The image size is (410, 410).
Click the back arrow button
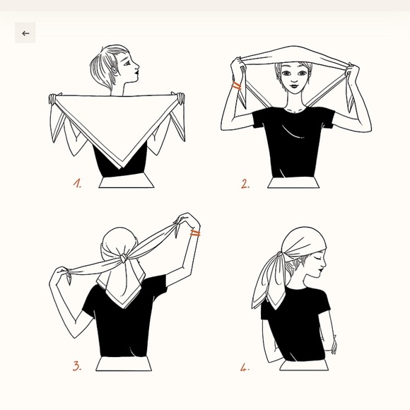tap(25, 33)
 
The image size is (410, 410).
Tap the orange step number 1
tap(77, 183)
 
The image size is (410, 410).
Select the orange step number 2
tap(245, 184)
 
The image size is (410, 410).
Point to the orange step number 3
tap(77, 366)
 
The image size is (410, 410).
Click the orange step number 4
tap(245, 368)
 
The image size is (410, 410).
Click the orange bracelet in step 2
tap(236, 86)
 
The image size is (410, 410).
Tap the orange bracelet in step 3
tap(195, 233)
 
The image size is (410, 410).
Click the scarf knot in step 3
tap(124, 257)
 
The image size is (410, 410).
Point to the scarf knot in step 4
tap(281, 254)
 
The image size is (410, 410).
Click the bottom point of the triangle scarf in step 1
tap(121, 169)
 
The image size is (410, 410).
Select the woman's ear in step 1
tap(114, 70)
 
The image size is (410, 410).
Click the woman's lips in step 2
tap(295, 86)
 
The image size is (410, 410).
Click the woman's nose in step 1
tap(137, 66)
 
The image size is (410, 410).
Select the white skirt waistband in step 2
tap(293, 182)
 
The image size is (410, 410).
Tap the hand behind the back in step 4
tap(334, 345)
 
